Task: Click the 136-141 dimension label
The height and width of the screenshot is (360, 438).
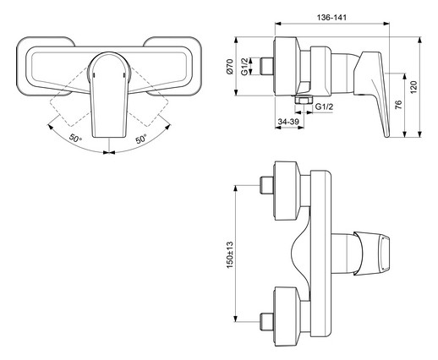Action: (331, 18)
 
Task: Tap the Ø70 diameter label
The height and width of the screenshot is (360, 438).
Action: (230, 67)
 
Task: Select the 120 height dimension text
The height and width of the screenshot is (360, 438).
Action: (413, 87)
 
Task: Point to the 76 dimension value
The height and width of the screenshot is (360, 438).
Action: (398, 105)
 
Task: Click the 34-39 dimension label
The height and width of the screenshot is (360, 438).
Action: (288, 122)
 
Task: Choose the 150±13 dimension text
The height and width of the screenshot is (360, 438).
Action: (230, 254)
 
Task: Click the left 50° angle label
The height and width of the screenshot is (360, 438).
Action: (75, 138)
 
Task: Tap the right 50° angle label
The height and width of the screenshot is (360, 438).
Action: (141, 138)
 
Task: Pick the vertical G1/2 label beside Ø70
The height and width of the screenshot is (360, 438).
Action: (244, 66)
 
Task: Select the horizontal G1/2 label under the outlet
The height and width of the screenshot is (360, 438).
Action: (324, 106)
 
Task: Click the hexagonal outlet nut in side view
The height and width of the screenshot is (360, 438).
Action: (304, 100)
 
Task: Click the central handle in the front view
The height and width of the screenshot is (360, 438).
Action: (109, 95)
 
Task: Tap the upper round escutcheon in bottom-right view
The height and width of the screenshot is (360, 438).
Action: (287, 191)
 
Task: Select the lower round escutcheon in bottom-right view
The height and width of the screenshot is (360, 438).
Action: (287, 316)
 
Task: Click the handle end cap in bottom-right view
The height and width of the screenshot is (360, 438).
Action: (372, 253)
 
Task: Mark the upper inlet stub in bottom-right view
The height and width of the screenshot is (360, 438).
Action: (266, 185)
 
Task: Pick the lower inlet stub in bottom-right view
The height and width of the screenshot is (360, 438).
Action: (266, 321)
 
